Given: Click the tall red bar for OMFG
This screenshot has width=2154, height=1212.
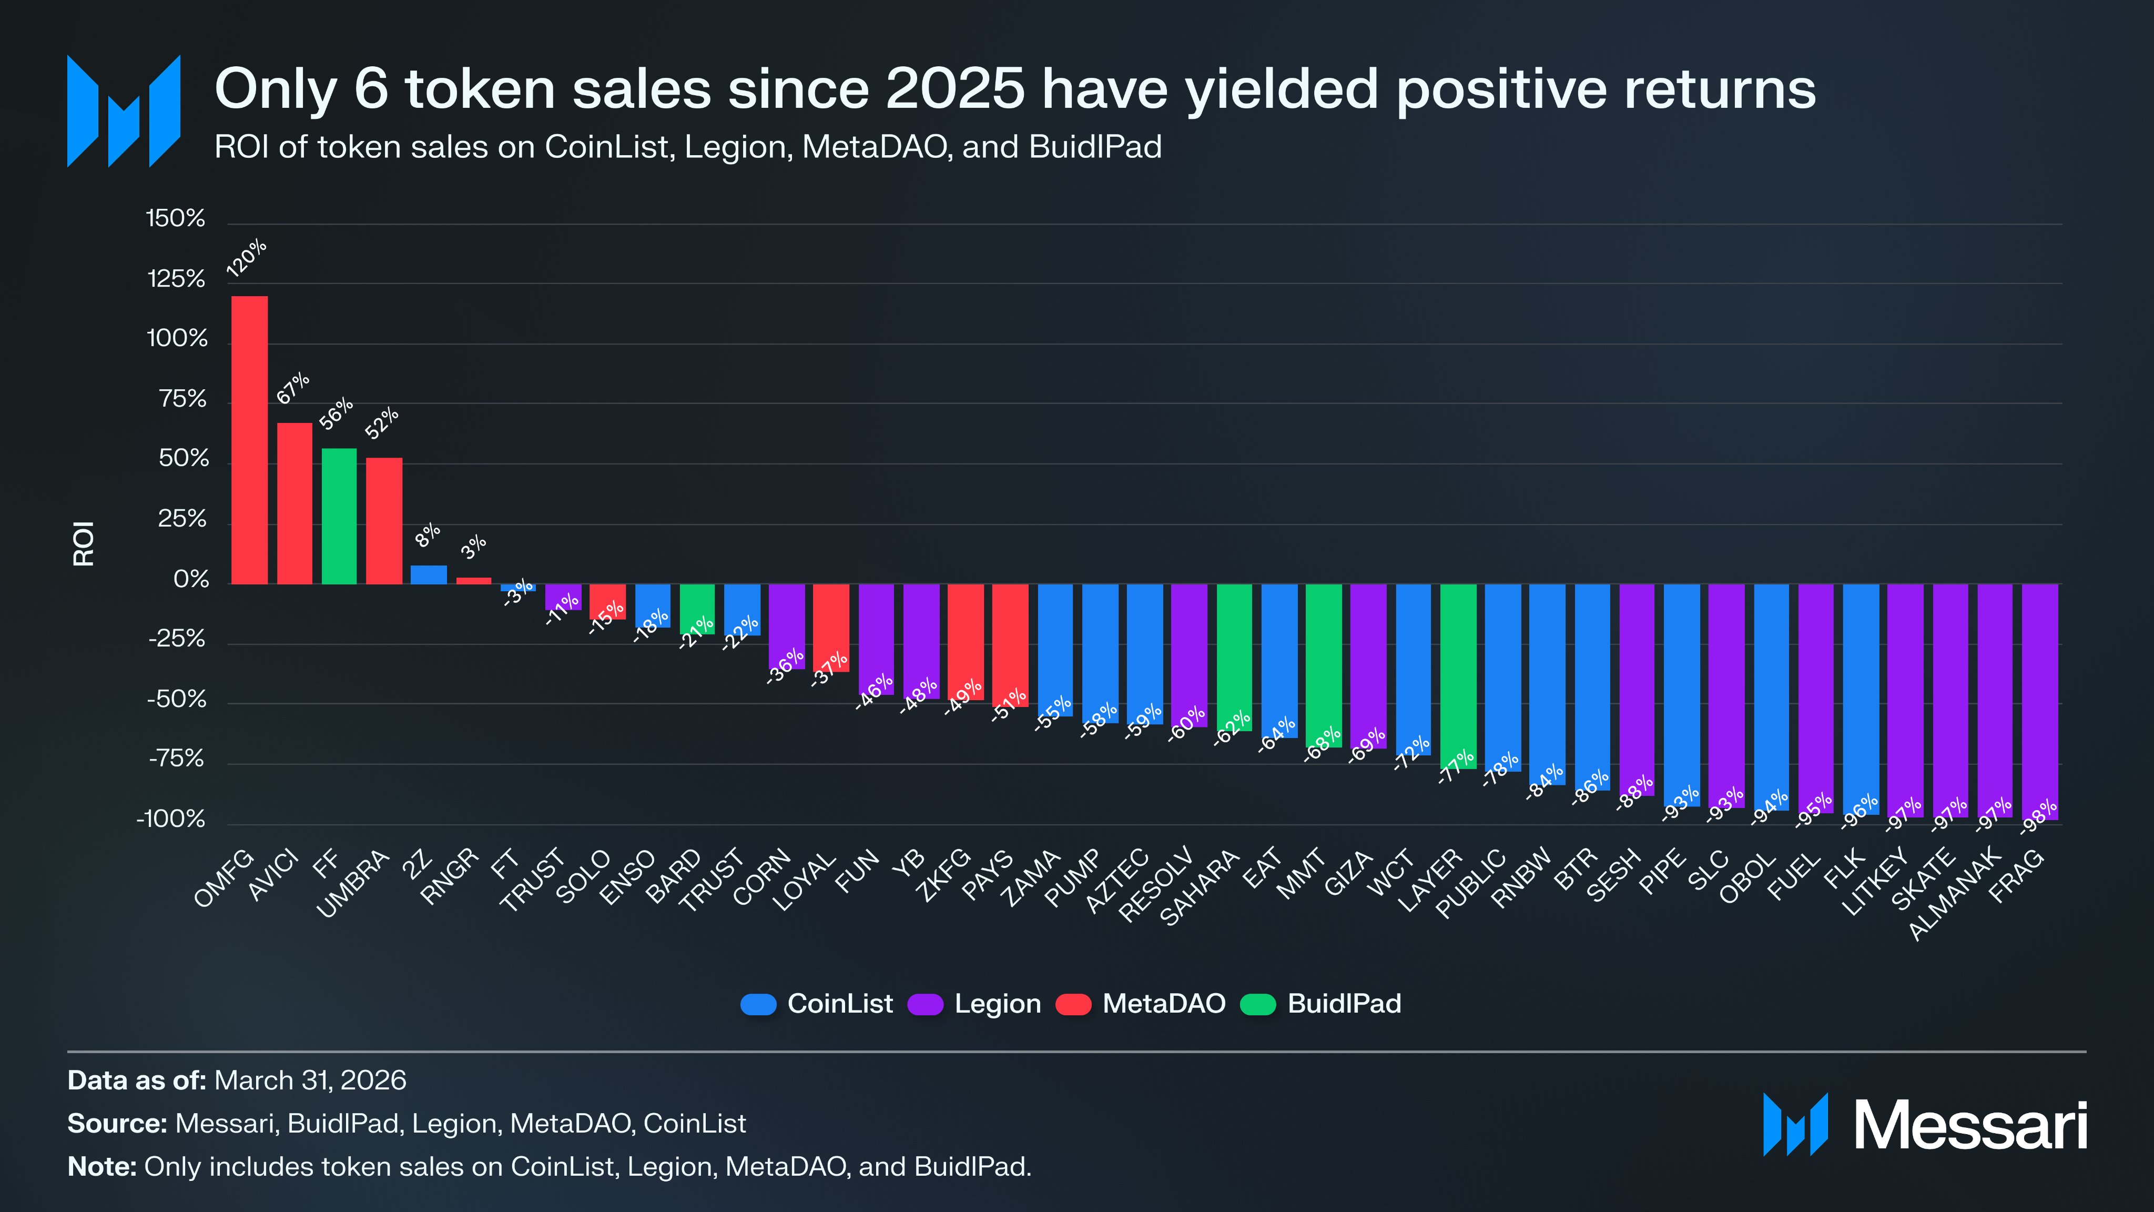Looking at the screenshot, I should pyautogui.click(x=249, y=440).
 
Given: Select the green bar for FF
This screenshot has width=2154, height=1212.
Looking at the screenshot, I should pyautogui.click(x=339, y=516).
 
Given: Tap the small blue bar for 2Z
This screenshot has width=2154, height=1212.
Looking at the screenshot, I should pyautogui.click(x=428, y=574).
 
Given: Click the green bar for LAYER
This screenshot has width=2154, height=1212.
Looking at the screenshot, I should pyautogui.click(x=1457, y=676).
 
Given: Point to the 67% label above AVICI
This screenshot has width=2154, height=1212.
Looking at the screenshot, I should pyautogui.click(x=293, y=389).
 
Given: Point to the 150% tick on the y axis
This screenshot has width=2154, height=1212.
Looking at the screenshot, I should pyautogui.click(x=176, y=219).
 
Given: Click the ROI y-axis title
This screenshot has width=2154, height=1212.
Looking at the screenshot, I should pyautogui.click(x=84, y=544).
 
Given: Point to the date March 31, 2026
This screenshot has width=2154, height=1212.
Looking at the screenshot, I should pyautogui.click(x=310, y=1080).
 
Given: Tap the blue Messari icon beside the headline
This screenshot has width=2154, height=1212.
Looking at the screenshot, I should pyautogui.click(x=124, y=111).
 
